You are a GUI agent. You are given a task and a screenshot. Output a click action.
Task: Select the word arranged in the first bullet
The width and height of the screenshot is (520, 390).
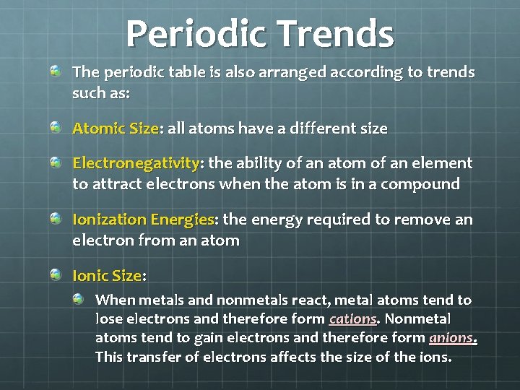289,72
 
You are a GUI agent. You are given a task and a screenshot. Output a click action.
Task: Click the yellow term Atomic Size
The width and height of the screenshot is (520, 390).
115,129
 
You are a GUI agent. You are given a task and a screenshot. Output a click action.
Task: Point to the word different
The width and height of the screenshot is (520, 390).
313,129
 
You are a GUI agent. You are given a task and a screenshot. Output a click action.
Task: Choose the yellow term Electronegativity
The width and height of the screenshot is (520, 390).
136,163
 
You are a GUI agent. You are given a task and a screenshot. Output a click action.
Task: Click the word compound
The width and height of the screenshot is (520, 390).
421,183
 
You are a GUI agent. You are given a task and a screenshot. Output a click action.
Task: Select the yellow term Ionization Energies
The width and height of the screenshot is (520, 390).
143,220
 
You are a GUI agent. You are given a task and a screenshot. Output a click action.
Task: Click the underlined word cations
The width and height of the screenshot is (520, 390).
352,318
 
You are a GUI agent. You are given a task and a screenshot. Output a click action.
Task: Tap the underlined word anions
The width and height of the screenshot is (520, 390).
452,337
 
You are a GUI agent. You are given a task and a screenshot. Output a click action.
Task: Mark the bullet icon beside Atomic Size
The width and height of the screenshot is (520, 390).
56,128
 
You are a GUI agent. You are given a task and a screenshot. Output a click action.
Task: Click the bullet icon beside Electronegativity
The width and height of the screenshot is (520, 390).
56,162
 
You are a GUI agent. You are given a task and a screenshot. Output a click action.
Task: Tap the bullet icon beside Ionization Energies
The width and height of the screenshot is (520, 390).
56,218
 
